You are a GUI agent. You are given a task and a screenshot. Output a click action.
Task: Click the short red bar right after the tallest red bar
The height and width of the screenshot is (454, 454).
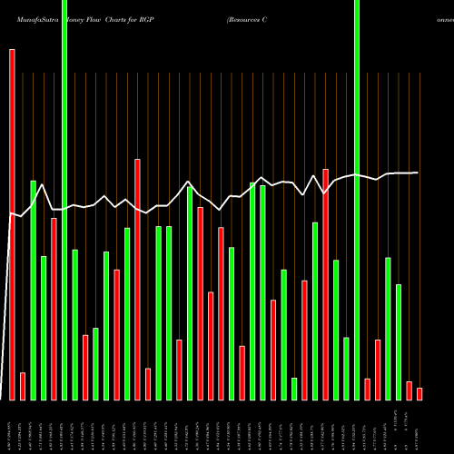pos(23,386)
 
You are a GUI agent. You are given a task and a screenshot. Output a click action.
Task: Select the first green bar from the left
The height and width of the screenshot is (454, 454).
pos(33,291)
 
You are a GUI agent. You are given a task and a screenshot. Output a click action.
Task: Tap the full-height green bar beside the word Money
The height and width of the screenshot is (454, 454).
pos(64,200)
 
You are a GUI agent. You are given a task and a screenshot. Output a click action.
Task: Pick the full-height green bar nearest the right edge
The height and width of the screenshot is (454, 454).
pos(357,200)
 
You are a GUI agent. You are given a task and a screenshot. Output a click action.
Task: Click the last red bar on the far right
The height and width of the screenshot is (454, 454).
pos(419,393)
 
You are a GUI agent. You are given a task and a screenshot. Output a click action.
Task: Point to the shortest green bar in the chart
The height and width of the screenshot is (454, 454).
pos(294,389)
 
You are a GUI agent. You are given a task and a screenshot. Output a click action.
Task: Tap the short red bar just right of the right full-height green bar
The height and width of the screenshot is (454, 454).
pos(367,389)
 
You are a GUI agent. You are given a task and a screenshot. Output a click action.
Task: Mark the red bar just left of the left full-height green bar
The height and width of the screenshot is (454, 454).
pos(54,309)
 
